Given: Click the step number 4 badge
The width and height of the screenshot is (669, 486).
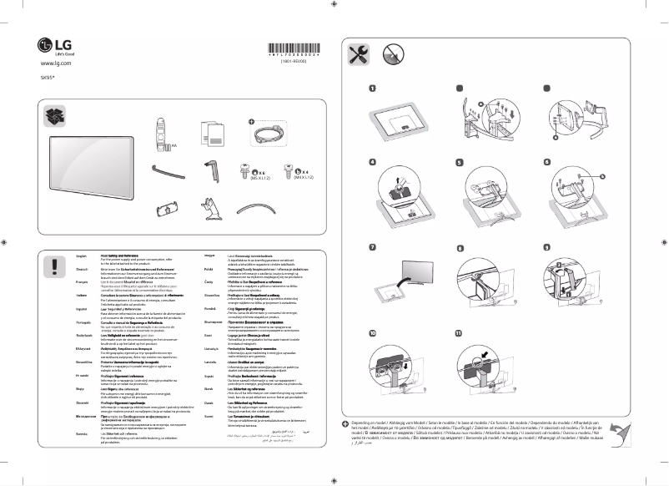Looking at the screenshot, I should click(x=373, y=162).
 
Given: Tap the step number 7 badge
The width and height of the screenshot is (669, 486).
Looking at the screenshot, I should click(x=373, y=248).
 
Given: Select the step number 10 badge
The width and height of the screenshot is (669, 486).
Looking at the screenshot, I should click(x=374, y=333).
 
